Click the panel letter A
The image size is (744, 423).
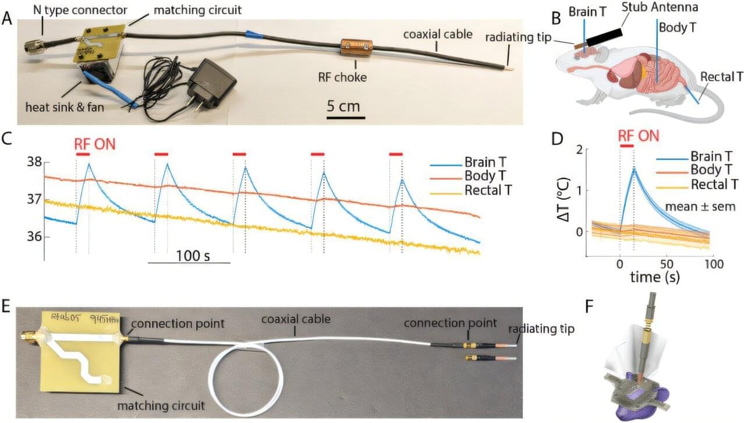tap(7, 19)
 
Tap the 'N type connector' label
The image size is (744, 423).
tap(79, 9)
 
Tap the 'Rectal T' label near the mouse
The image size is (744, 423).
tap(721, 77)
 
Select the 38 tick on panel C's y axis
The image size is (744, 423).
tap(34, 162)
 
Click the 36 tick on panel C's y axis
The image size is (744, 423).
tap(34, 237)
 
